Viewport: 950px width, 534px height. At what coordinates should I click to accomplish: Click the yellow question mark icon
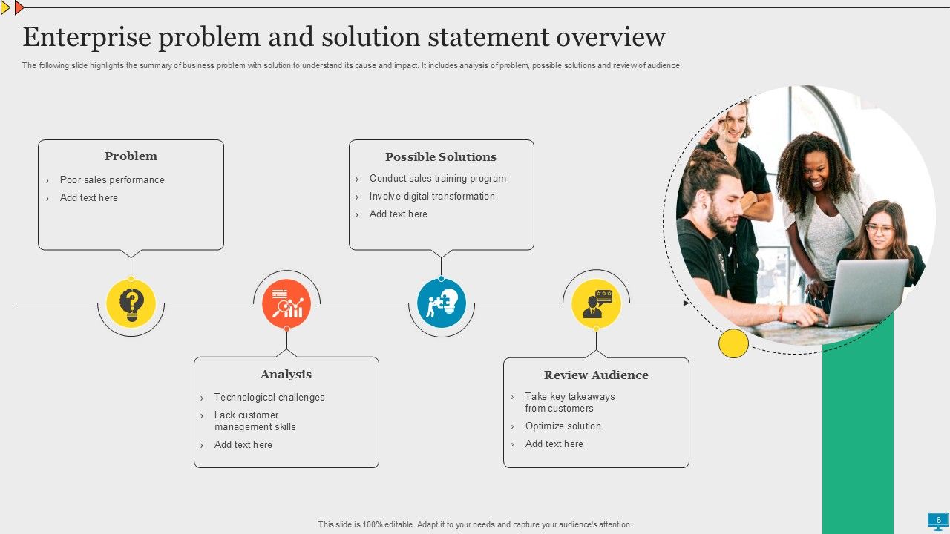pos(131,303)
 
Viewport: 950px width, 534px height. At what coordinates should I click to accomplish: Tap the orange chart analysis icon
pos(286,303)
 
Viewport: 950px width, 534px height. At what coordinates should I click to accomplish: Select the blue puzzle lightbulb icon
pos(442,303)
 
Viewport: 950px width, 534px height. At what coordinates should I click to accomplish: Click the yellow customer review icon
pos(596,303)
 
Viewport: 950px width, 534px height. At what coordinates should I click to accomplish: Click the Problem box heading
pos(131,156)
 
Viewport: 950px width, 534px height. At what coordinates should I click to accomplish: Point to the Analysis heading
pos(286,375)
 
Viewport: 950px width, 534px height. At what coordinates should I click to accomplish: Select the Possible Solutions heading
pos(441,156)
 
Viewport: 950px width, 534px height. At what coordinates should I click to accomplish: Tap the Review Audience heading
pos(596,375)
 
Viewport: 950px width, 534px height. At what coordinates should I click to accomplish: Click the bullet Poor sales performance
pos(112,179)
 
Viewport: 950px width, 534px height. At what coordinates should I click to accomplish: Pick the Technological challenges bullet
pos(269,397)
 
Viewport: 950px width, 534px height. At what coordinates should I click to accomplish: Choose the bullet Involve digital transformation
pos(432,196)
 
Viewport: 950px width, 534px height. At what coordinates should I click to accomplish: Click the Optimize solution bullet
pos(563,426)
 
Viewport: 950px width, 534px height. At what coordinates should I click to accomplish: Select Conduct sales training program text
pos(438,178)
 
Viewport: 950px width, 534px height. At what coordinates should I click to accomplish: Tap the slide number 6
pos(938,520)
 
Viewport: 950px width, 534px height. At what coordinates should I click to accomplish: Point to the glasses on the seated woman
pos(879,229)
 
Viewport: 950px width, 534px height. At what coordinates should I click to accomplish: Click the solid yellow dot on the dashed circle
pos(733,343)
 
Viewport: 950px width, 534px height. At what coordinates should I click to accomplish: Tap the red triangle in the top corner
pos(19,7)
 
